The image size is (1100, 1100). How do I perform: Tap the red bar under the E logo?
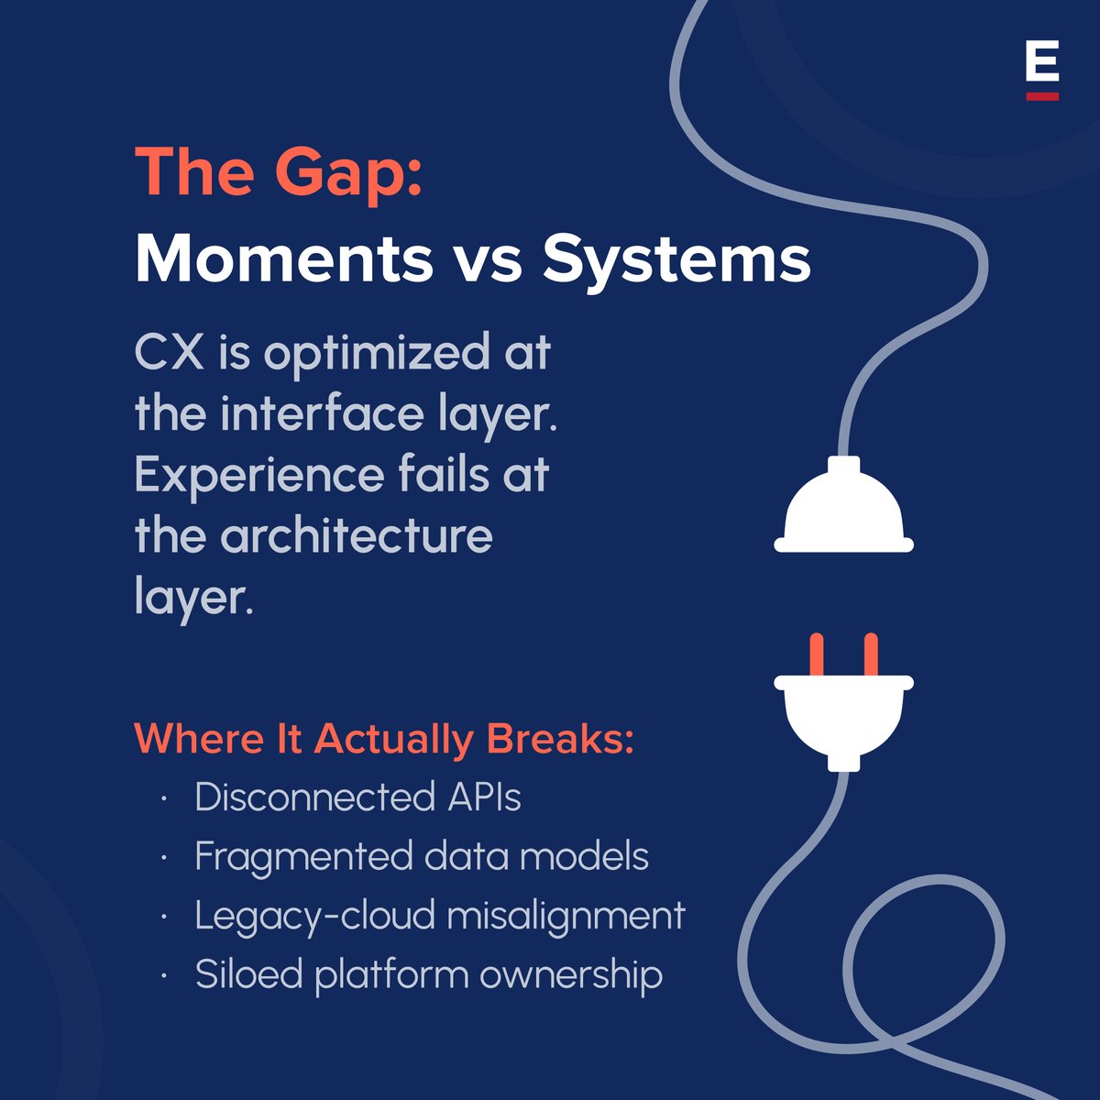point(1042,95)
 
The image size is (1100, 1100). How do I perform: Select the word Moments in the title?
point(283,259)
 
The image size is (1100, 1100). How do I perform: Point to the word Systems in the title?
point(676,259)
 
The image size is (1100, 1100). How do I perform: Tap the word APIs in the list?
point(484,797)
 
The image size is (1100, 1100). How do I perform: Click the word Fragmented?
point(302,857)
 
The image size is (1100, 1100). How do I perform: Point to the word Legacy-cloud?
point(303,916)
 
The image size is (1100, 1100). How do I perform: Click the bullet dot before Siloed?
point(163,975)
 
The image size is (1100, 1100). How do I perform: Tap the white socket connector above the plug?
point(843,509)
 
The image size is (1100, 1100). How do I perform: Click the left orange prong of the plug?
point(816,653)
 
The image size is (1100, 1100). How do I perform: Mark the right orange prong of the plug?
point(871,653)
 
